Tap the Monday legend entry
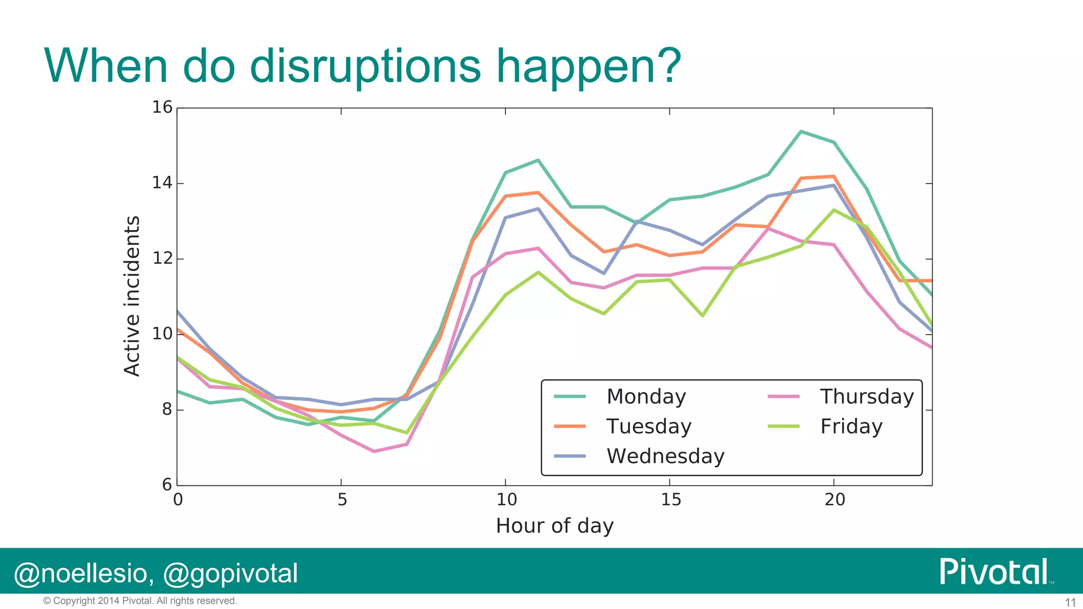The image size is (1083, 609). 646,396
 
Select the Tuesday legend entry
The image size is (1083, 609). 648,426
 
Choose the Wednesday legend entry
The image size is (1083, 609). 665,456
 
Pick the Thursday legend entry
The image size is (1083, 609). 867,396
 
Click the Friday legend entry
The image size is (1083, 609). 851,426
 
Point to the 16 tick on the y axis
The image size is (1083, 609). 162,107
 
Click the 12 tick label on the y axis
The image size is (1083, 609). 162,259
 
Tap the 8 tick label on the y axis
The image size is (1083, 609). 167,409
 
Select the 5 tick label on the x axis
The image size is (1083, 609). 342,500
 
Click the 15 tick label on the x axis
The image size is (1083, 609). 671,500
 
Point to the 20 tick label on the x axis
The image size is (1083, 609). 834,500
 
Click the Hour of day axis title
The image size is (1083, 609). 554,526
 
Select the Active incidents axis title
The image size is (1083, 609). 132,296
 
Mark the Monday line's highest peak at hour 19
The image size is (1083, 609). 801,131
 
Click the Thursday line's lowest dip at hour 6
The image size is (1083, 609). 374,451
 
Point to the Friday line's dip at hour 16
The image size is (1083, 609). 702,316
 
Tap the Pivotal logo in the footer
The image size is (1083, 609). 994,571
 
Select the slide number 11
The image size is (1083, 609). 1070,603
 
